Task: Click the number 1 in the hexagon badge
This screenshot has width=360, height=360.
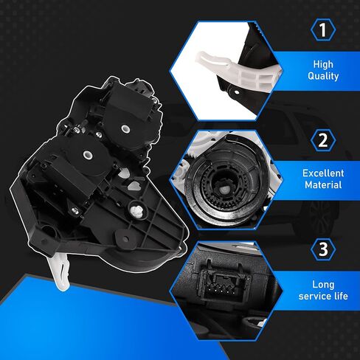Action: tap(322, 30)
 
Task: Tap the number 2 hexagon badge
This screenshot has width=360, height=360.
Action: tap(323, 140)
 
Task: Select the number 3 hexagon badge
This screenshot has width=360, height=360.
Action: tap(323, 249)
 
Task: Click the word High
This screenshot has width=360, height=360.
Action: tap(323, 64)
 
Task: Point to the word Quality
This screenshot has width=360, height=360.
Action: tap(323, 76)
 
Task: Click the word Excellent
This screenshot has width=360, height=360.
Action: tap(323, 173)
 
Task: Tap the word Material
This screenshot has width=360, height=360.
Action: tap(323, 184)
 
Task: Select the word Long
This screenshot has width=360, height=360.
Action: tap(323, 285)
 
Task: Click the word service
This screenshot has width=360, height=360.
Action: tap(314, 296)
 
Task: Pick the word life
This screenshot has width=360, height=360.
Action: tap(341, 296)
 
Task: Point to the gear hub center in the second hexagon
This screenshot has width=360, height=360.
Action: tap(224, 190)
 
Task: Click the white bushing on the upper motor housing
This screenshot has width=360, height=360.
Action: tap(125, 128)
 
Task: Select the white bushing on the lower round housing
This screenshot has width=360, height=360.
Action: tap(87, 155)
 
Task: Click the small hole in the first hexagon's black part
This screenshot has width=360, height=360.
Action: tap(237, 92)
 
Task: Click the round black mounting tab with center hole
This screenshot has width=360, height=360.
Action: tap(125, 238)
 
